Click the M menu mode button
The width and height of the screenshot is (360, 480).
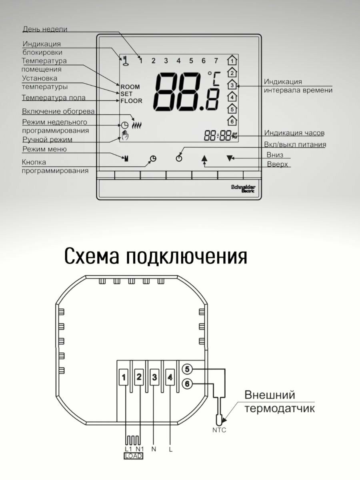pos(126,158)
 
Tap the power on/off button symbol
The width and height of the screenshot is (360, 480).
pos(178,158)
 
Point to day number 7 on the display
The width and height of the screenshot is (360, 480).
pos(216,61)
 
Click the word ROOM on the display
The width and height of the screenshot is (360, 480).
pos(130,87)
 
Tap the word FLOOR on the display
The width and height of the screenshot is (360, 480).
pos(132,101)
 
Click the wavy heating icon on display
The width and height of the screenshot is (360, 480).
pos(137,125)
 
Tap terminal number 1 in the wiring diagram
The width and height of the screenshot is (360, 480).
pos(124,377)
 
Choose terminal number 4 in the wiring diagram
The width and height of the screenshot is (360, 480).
pos(170,377)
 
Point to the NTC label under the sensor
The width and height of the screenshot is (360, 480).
pos(219,430)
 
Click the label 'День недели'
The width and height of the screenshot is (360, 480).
pos(45,29)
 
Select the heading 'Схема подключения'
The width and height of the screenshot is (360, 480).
pos(155,256)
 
